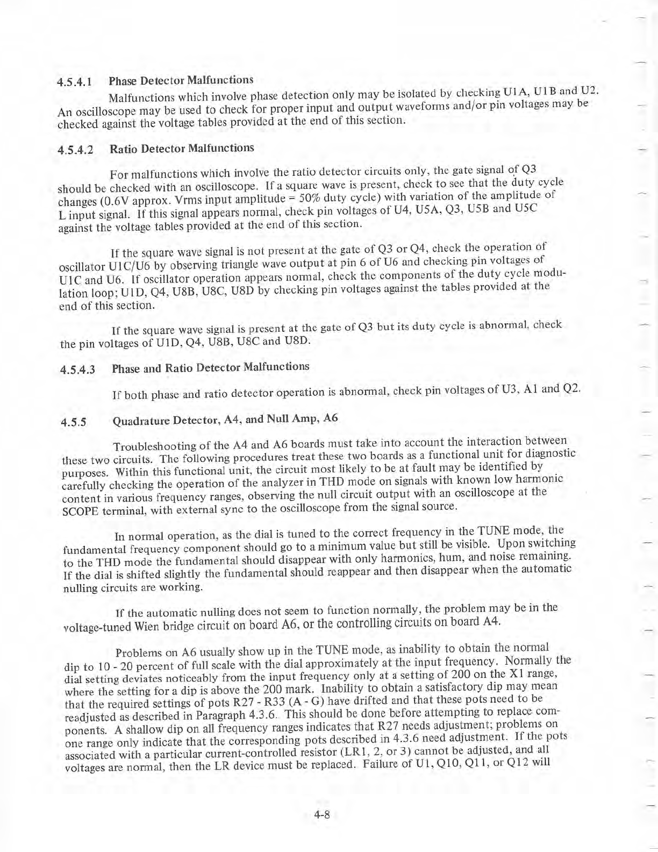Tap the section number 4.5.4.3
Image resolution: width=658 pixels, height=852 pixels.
[x=78, y=370]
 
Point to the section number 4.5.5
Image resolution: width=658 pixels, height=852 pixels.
[x=74, y=422]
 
